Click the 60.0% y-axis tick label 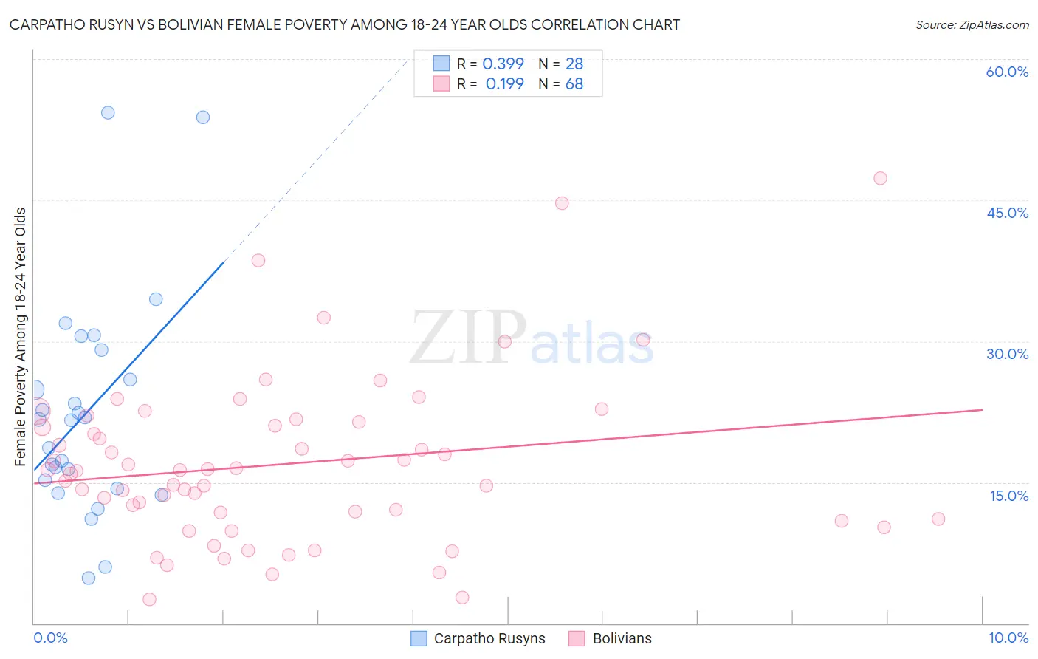tap(1007, 72)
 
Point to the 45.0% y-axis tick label tap(1007, 213)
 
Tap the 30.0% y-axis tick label tap(1007, 354)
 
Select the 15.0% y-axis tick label tap(1008, 496)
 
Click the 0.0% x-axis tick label tap(50, 638)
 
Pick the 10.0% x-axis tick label tap(1008, 638)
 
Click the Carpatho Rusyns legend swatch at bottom tap(419, 638)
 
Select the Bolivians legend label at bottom tap(622, 638)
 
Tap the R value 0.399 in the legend tap(503, 64)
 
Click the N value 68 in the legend tap(574, 84)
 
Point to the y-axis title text tap(21, 337)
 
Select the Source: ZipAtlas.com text tap(972, 25)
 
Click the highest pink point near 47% tap(880, 178)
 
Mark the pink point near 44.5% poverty tap(562, 203)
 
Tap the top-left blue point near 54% tap(108, 113)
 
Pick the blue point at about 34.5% tap(156, 299)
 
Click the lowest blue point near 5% tap(89, 578)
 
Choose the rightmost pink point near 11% tap(938, 519)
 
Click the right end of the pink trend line tap(982, 409)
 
